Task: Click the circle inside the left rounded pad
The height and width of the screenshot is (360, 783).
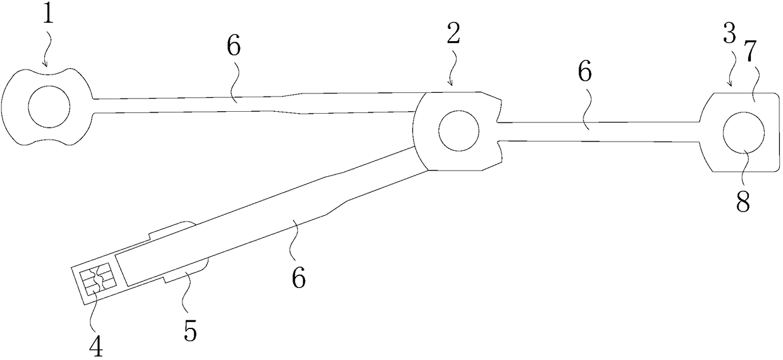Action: click(50, 106)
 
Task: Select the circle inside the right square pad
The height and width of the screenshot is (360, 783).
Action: click(744, 133)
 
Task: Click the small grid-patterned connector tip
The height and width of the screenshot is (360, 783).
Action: click(97, 281)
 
